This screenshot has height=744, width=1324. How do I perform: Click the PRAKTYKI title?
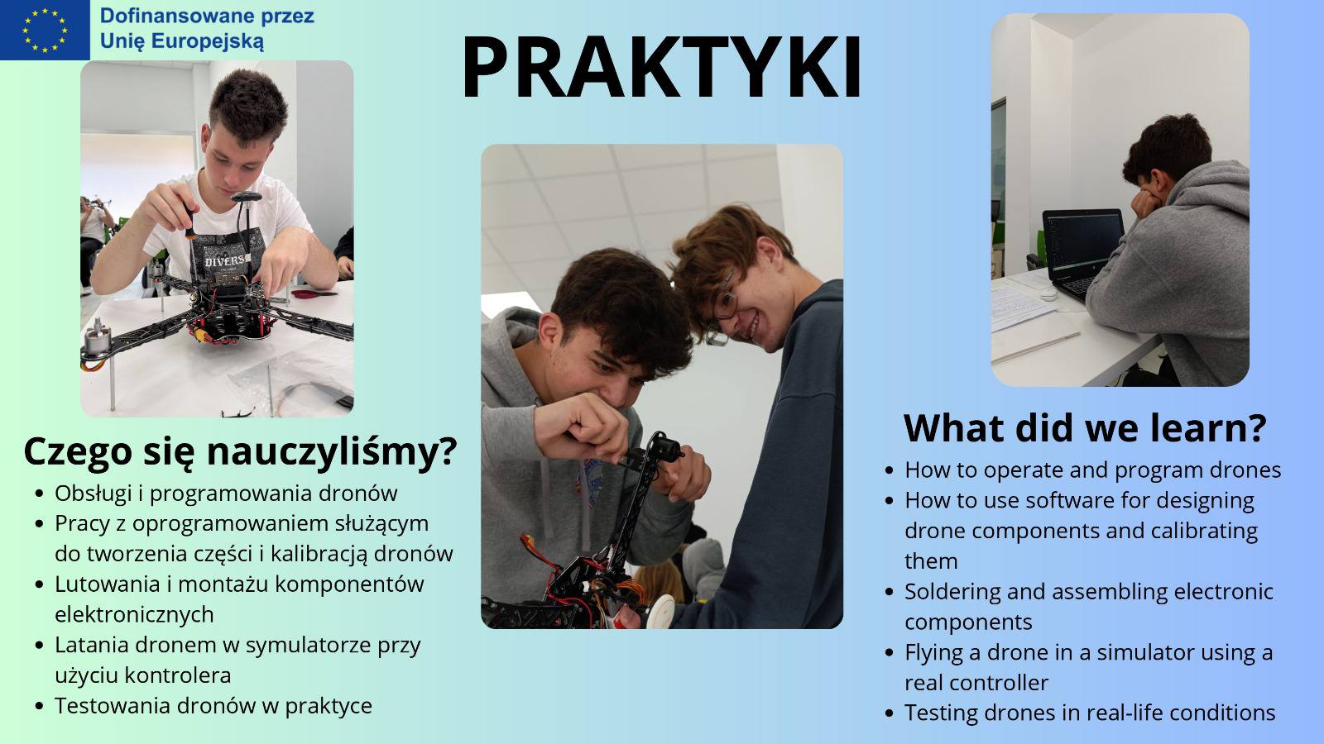tap(661, 67)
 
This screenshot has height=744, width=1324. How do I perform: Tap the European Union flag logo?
tap(45, 30)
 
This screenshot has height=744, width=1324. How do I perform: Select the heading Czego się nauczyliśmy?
tap(240, 451)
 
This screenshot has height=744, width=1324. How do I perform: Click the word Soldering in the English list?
tap(952, 591)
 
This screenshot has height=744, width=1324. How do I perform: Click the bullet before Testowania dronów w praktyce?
tap(39, 706)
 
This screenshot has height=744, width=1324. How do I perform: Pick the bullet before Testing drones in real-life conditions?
tap(889, 713)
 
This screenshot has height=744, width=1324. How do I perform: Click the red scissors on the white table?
tap(314, 293)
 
